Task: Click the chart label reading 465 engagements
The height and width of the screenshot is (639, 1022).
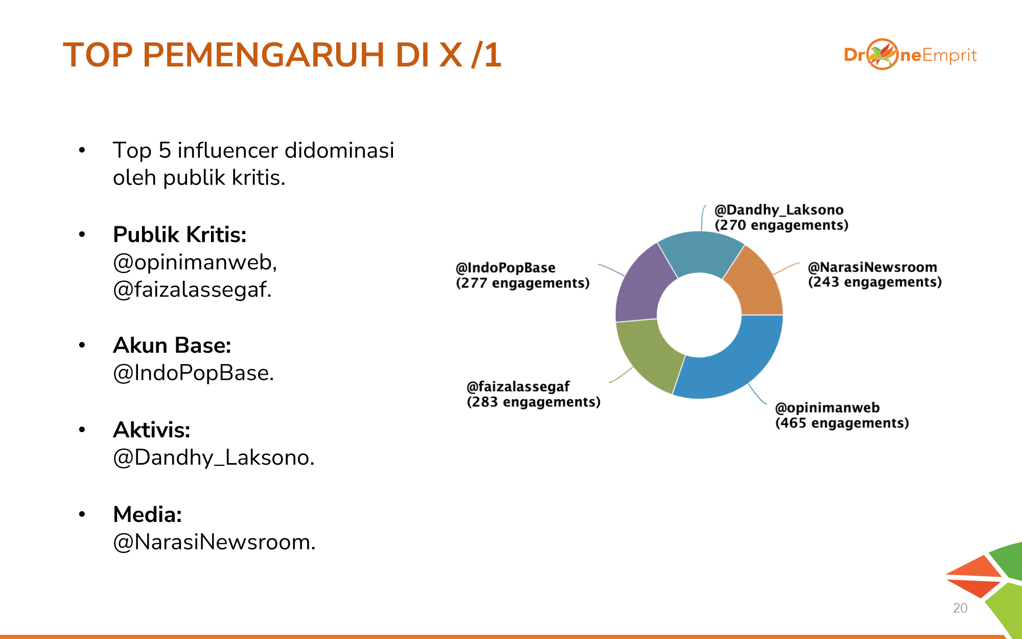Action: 842,423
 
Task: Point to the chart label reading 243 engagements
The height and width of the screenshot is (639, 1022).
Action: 875,282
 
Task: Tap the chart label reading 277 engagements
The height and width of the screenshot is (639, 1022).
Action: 523,283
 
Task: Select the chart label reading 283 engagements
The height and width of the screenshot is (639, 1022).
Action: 533,402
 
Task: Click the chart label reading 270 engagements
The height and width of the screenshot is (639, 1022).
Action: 781,225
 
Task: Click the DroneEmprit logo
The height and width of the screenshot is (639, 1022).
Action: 910,54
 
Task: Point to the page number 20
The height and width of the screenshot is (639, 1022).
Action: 960,608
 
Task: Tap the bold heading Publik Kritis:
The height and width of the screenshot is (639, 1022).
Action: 179,235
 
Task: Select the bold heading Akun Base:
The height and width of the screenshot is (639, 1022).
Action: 172,346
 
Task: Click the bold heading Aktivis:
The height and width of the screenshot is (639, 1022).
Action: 152,430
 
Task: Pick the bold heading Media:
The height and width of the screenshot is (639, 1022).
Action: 148,515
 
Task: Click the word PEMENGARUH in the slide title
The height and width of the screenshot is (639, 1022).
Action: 264,55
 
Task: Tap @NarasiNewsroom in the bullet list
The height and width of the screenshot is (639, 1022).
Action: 214,542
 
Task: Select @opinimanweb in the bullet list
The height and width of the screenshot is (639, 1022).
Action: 195,263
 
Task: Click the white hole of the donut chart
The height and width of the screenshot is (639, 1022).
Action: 699,315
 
